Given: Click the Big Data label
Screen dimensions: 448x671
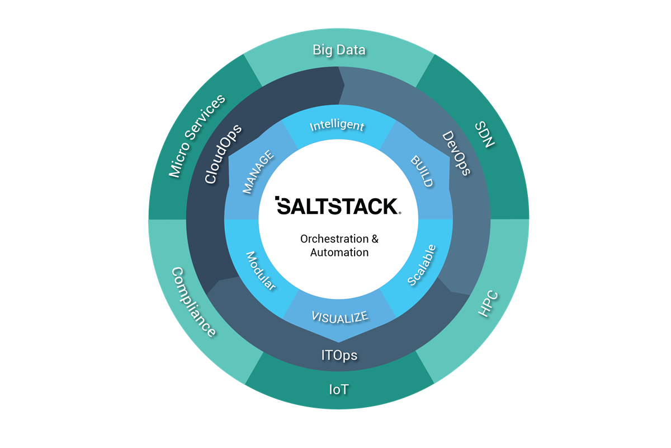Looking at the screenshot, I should (x=339, y=50).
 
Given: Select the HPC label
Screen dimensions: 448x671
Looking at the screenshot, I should (x=488, y=305).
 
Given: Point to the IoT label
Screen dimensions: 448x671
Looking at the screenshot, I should (x=338, y=389).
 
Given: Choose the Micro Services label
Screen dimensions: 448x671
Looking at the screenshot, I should (x=197, y=136).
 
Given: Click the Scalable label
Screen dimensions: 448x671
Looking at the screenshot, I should (x=422, y=265).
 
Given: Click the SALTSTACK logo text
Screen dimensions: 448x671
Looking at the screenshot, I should (x=337, y=206).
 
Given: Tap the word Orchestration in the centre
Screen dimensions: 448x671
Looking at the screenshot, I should (x=332, y=239).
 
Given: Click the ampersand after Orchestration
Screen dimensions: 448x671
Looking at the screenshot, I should (x=375, y=239).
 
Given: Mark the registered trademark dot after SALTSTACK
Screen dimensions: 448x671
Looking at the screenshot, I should (x=400, y=213).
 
